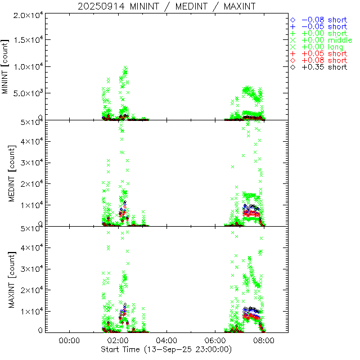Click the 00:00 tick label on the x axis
[x=69, y=340]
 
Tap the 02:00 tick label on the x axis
[x=118, y=340]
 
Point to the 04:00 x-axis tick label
[x=166, y=340]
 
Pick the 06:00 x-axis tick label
[x=215, y=340]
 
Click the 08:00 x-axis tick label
[x=264, y=340]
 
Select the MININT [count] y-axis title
[x=6, y=66]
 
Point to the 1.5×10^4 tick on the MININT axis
[x=28, y=40]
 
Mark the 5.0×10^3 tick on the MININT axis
[x=28, y=93]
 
